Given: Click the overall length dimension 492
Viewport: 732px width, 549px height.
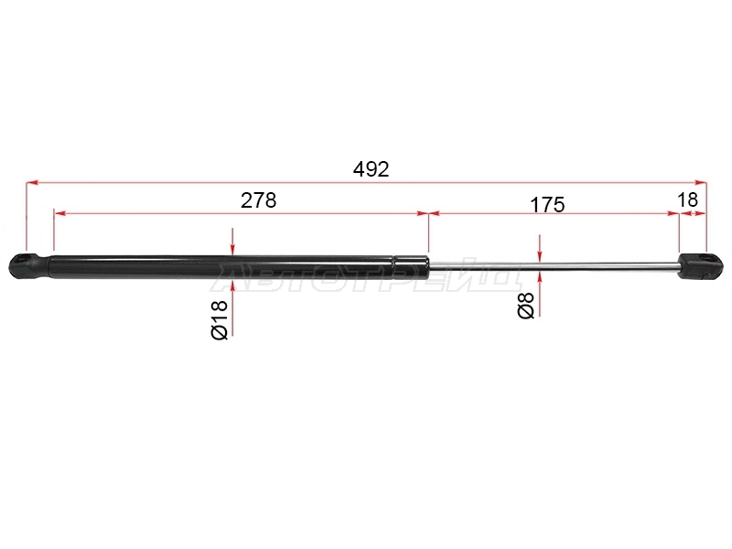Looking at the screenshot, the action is (x=371, y=169).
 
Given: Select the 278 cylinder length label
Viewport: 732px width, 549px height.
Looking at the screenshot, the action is (x=259, y=200).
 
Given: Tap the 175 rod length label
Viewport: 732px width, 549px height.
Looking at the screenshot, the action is (x=547, y=204).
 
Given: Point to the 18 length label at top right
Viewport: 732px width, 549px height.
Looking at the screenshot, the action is (x=687, y=199).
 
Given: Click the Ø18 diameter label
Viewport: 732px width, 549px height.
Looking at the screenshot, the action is (x=220, y=319).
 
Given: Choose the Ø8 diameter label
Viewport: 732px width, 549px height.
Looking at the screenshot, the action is (x=525, y=306).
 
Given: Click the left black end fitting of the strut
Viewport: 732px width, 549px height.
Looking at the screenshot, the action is (x=29, y=266).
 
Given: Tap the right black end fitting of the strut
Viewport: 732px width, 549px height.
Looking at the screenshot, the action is (x=701, y=266).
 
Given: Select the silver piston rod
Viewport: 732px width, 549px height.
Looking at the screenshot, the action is (x=554, y=266).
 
